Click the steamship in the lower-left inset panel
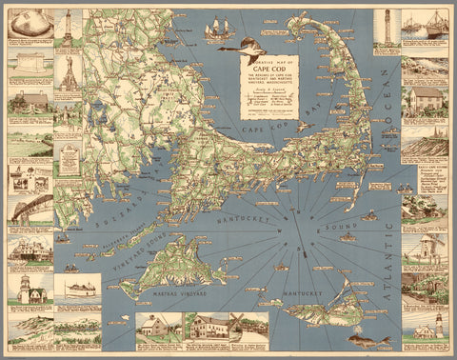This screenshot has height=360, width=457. (x=76, y=290)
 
